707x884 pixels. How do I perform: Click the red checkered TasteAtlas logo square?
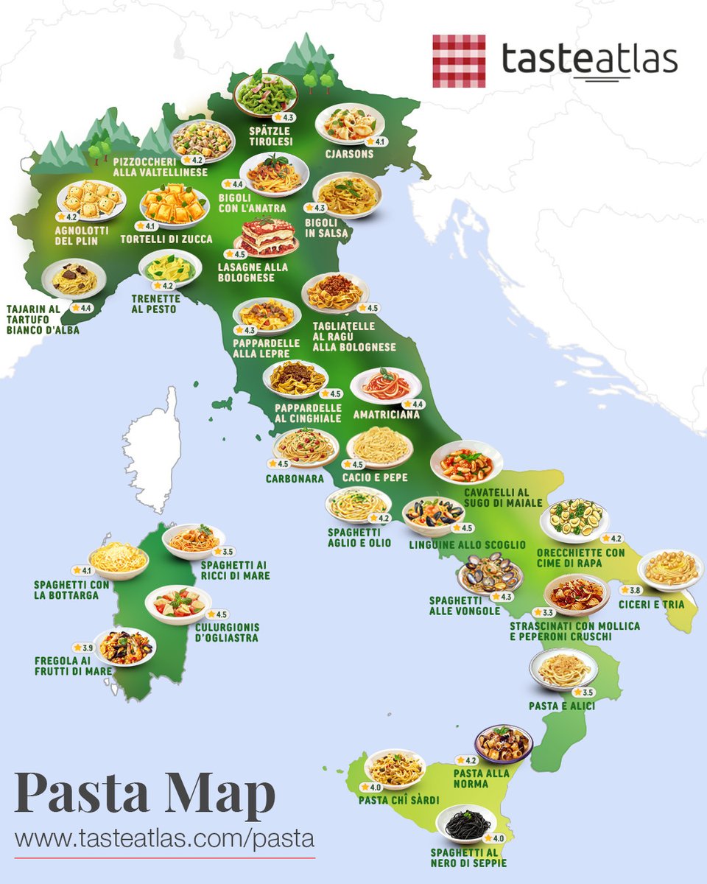coord(459,60)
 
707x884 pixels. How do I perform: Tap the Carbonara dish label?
coord(295,478)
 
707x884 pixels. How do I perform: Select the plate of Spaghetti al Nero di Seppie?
coord(466,823)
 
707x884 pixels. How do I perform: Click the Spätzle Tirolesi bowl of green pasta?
coord(265,94)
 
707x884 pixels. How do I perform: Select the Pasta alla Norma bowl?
coord(503,743)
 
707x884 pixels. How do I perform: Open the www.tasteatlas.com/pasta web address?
coord(164,838)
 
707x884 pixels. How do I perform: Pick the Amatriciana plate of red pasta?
coord(385,385)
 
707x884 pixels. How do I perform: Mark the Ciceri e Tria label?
coord(652,605)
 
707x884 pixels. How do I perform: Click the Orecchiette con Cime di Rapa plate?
coord(574,519)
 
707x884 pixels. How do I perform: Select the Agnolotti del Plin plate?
coord(91,200)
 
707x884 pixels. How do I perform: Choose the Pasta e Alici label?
coord(562,706)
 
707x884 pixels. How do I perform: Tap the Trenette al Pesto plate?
coord(170,269)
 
